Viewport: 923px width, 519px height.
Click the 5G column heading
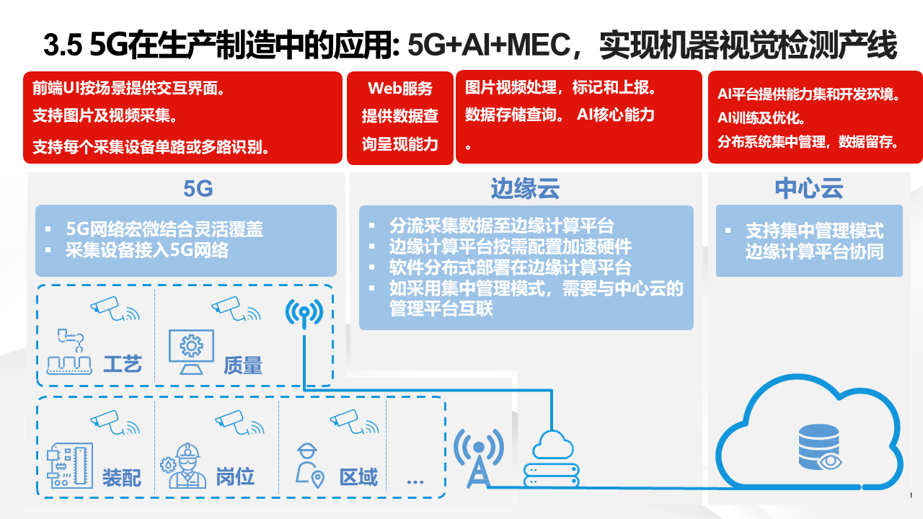198,189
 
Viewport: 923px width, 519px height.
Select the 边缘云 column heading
525,189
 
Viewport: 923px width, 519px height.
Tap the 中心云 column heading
809,189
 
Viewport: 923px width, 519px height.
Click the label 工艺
122,364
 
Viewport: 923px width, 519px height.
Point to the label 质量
242,365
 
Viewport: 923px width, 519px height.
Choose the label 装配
121,477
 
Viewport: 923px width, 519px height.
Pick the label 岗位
235,476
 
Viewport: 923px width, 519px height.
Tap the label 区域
358,476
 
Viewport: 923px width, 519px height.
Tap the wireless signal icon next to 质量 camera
304,312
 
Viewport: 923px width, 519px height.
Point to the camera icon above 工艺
114,308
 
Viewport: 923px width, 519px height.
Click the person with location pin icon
309,465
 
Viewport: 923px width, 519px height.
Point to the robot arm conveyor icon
69,352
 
